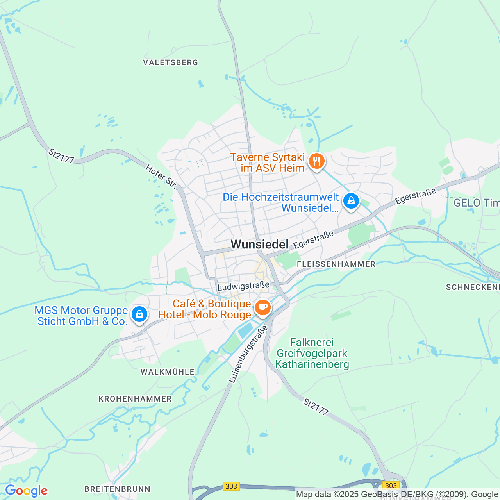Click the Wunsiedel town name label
click(259, 245)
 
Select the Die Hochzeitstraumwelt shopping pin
click(351, 201)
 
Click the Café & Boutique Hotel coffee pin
click(263, 307)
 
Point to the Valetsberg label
click(170, 62)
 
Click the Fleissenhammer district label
click(336, 264)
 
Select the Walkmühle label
click(168, 372)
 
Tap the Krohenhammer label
click(135, 399)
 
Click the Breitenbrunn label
click(118, 489)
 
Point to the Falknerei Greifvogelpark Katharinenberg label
click(312, 354)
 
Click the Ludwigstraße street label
click(243, 286)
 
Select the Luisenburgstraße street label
click(248, 354)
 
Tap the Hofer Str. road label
click(161, 176)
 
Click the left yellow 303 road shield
click(231, 486)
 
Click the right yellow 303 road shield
click(391, 486)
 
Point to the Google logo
click(26, 491)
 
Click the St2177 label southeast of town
click(316, 407)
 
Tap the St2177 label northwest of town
click(61, 156)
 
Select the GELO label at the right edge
click(476, 203)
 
